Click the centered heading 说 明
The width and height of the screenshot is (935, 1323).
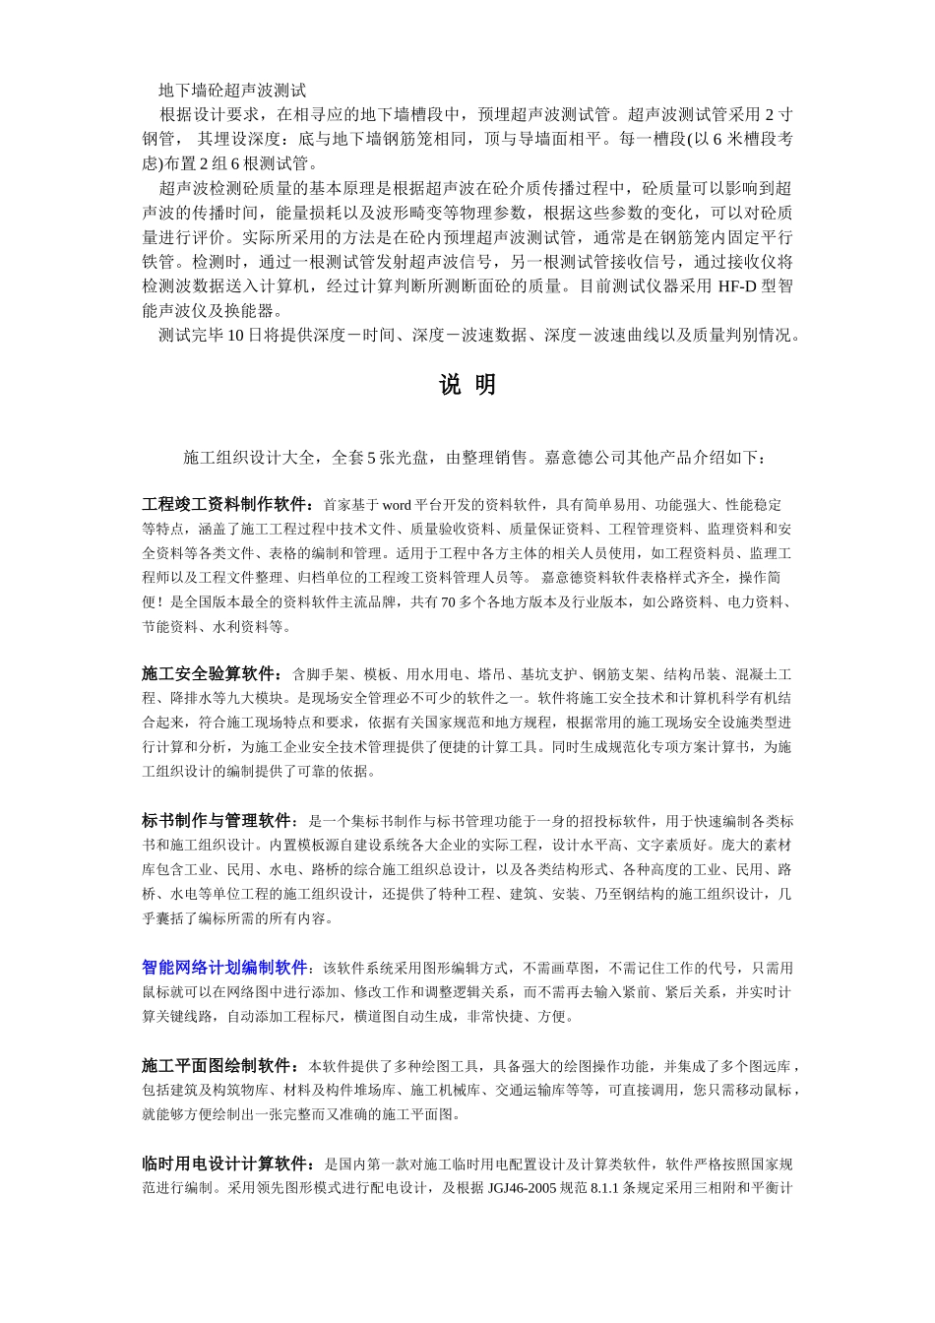click(x=467, y=386)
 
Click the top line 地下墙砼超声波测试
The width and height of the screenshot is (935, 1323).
click(x=232, y=91)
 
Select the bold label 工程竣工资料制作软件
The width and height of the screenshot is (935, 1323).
click(x=225, y=504)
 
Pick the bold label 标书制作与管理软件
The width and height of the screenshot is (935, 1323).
click(x=218, y=821)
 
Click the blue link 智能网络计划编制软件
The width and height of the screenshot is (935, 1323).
click(x=224, y=968)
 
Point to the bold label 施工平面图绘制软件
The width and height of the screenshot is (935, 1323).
click(x=218, y=1066)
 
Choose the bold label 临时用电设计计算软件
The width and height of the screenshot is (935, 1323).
click(x=225, y=1164)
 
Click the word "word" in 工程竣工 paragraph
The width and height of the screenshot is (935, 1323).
click(x=396, y=505)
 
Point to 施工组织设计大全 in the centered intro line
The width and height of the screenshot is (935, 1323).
click(x=250, y=458)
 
